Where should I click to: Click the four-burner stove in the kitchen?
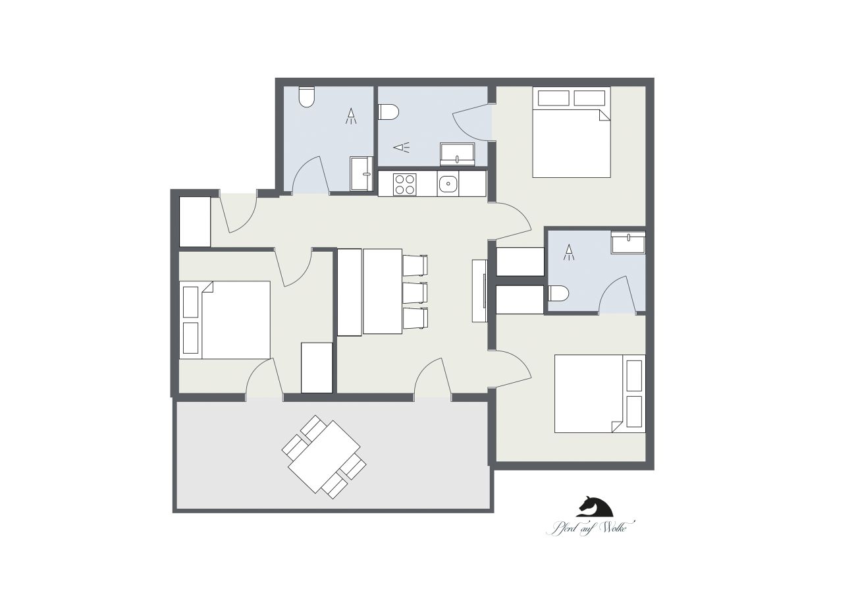tap(405, 183)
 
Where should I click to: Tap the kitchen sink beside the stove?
tap(448, 183)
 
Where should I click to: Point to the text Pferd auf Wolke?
tap(590, 527)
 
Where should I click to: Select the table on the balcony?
tap(324, 457)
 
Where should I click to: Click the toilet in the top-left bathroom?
tap(306, 98)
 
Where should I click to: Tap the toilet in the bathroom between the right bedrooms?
tap(558, 293)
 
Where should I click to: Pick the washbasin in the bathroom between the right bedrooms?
tap(628, 242)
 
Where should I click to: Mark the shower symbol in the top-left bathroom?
tap(352, 117)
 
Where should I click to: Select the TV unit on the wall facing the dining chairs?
tap(479, 291)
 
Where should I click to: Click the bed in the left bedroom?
tap(235, 320)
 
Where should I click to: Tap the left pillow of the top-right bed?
tap(554, 98)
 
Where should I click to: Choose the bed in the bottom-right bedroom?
tap(590, 393)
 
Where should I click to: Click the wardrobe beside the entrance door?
tap(195, 221)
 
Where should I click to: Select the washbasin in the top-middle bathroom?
tap(458, 154)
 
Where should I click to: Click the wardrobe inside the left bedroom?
tap(317, 368)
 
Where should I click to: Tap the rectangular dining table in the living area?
tap(382, 291)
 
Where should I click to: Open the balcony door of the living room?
tap(433, 382)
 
